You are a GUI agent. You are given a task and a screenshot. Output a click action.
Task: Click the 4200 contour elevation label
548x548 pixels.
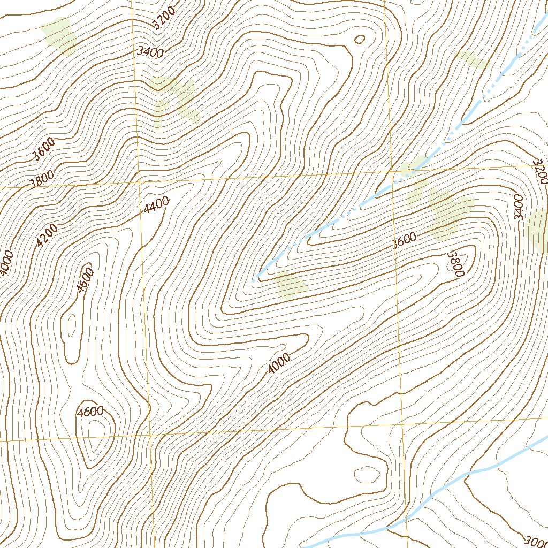click(47, 235)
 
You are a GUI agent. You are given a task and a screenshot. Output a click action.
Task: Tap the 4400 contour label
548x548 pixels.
click(157, 204)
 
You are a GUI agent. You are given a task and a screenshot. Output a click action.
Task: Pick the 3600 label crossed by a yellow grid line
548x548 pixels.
click(404, 242)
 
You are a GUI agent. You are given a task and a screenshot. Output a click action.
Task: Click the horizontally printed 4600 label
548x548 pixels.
click(90, 412)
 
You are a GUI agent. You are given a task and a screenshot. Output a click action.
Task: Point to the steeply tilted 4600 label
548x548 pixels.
click(85, 280)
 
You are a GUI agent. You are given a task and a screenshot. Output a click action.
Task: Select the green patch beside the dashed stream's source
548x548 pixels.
click(292, 286)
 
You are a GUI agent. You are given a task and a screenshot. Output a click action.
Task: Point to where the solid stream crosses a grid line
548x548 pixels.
click(406, 518)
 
